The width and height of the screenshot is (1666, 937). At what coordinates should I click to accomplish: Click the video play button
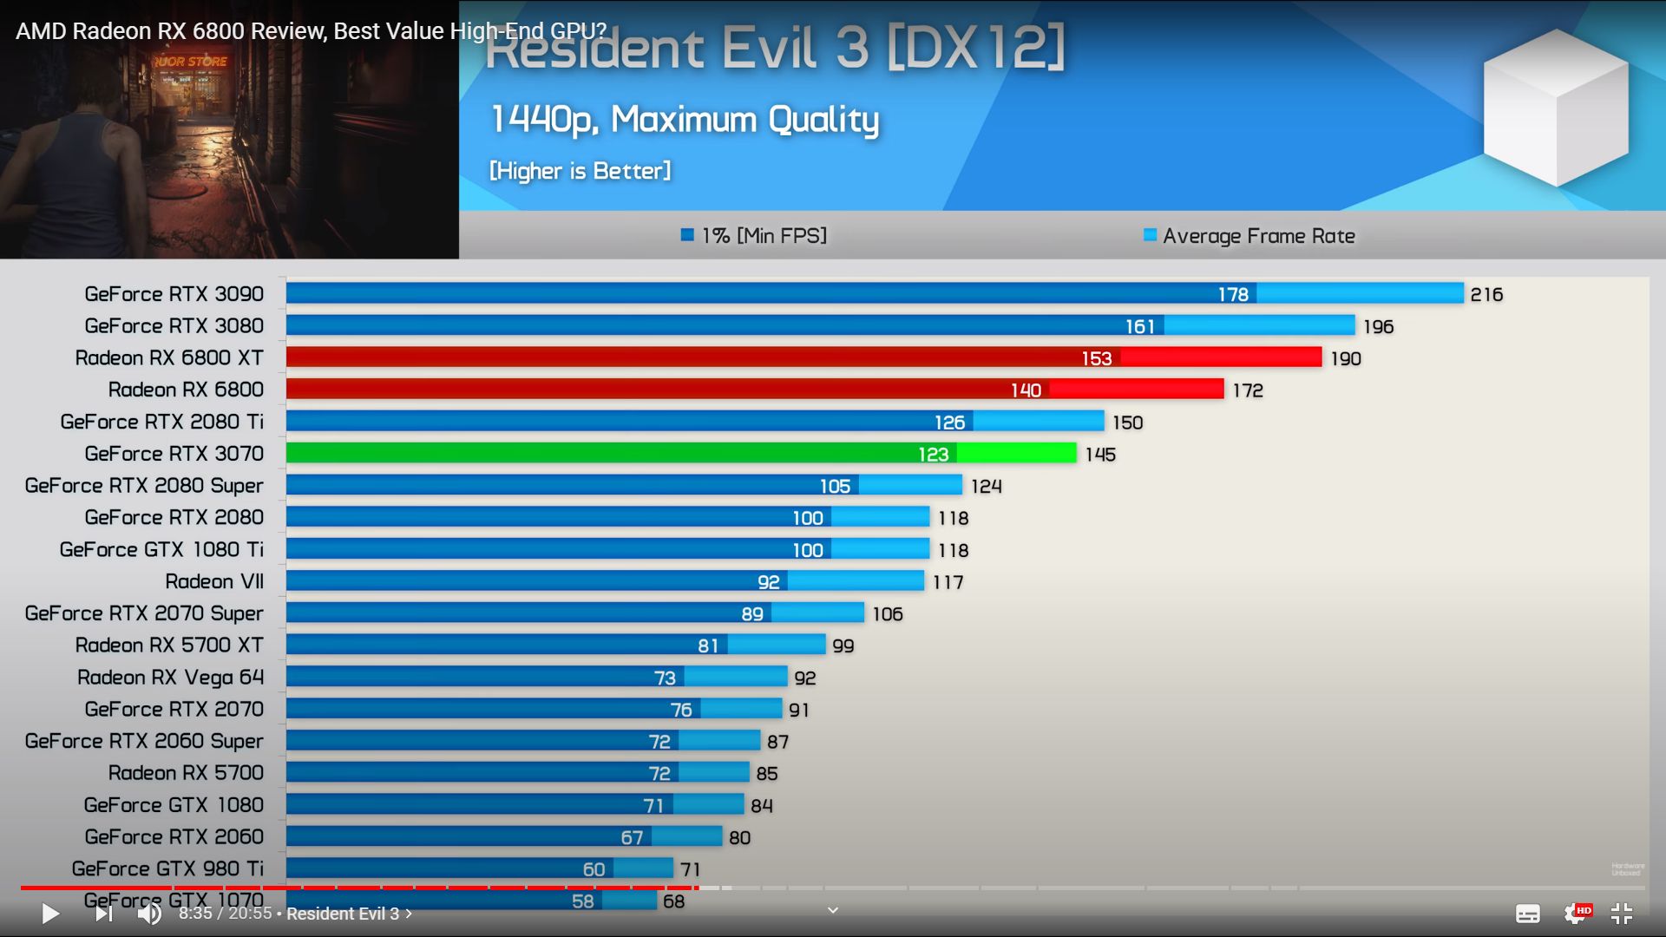click(50, 913)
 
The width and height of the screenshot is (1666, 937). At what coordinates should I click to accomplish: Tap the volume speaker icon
click(149, 913)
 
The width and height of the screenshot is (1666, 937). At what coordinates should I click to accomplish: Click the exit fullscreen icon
click(1621, 913)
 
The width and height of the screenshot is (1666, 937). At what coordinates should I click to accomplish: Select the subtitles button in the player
click(1527, 913)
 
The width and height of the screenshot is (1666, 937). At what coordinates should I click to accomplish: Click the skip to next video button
click(103, 913)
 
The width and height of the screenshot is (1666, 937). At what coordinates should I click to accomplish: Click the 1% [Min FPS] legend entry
click(754, 236)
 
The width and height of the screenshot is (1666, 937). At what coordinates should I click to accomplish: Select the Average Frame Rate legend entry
click(1249, 236)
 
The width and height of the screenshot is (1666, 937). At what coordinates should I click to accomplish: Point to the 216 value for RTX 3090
click(1486, 295)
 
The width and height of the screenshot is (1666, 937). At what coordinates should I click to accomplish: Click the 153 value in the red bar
click(1096, 358)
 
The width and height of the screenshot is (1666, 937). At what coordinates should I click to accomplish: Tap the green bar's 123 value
click(933, 455)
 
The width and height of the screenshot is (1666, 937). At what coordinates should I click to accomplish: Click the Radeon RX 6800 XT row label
click(169, 357)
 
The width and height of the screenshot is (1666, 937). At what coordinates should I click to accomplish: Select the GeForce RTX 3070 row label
click(174, 454)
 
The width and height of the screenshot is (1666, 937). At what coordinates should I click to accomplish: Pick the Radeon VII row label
click(214, 581)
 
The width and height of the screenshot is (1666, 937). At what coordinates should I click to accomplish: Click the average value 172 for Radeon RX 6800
click(1248, 390)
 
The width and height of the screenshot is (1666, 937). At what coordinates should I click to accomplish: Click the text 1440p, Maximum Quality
click(685, 120)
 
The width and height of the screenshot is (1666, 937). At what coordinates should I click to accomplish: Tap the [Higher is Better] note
click(580, 171)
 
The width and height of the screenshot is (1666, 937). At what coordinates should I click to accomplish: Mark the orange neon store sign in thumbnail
click(191, 62)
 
